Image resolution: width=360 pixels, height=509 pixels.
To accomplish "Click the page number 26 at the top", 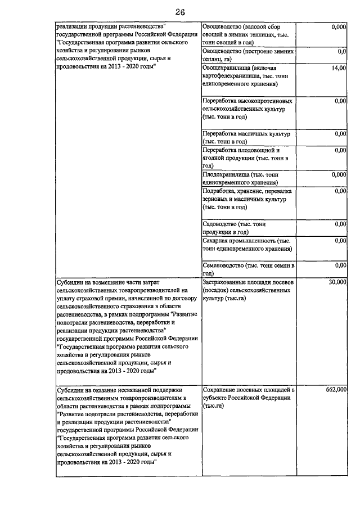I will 179,12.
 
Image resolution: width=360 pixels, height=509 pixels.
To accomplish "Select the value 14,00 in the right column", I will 338,68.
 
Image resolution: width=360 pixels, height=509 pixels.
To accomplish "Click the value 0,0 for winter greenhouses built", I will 341,51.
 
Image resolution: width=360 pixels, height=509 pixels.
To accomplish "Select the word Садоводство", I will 219,224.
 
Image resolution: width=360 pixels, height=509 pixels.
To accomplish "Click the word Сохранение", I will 221,389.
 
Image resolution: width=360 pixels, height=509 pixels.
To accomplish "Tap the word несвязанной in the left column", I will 148,389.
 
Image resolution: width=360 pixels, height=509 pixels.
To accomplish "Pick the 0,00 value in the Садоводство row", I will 340,224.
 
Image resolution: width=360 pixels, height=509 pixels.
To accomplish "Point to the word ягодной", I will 214,159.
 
